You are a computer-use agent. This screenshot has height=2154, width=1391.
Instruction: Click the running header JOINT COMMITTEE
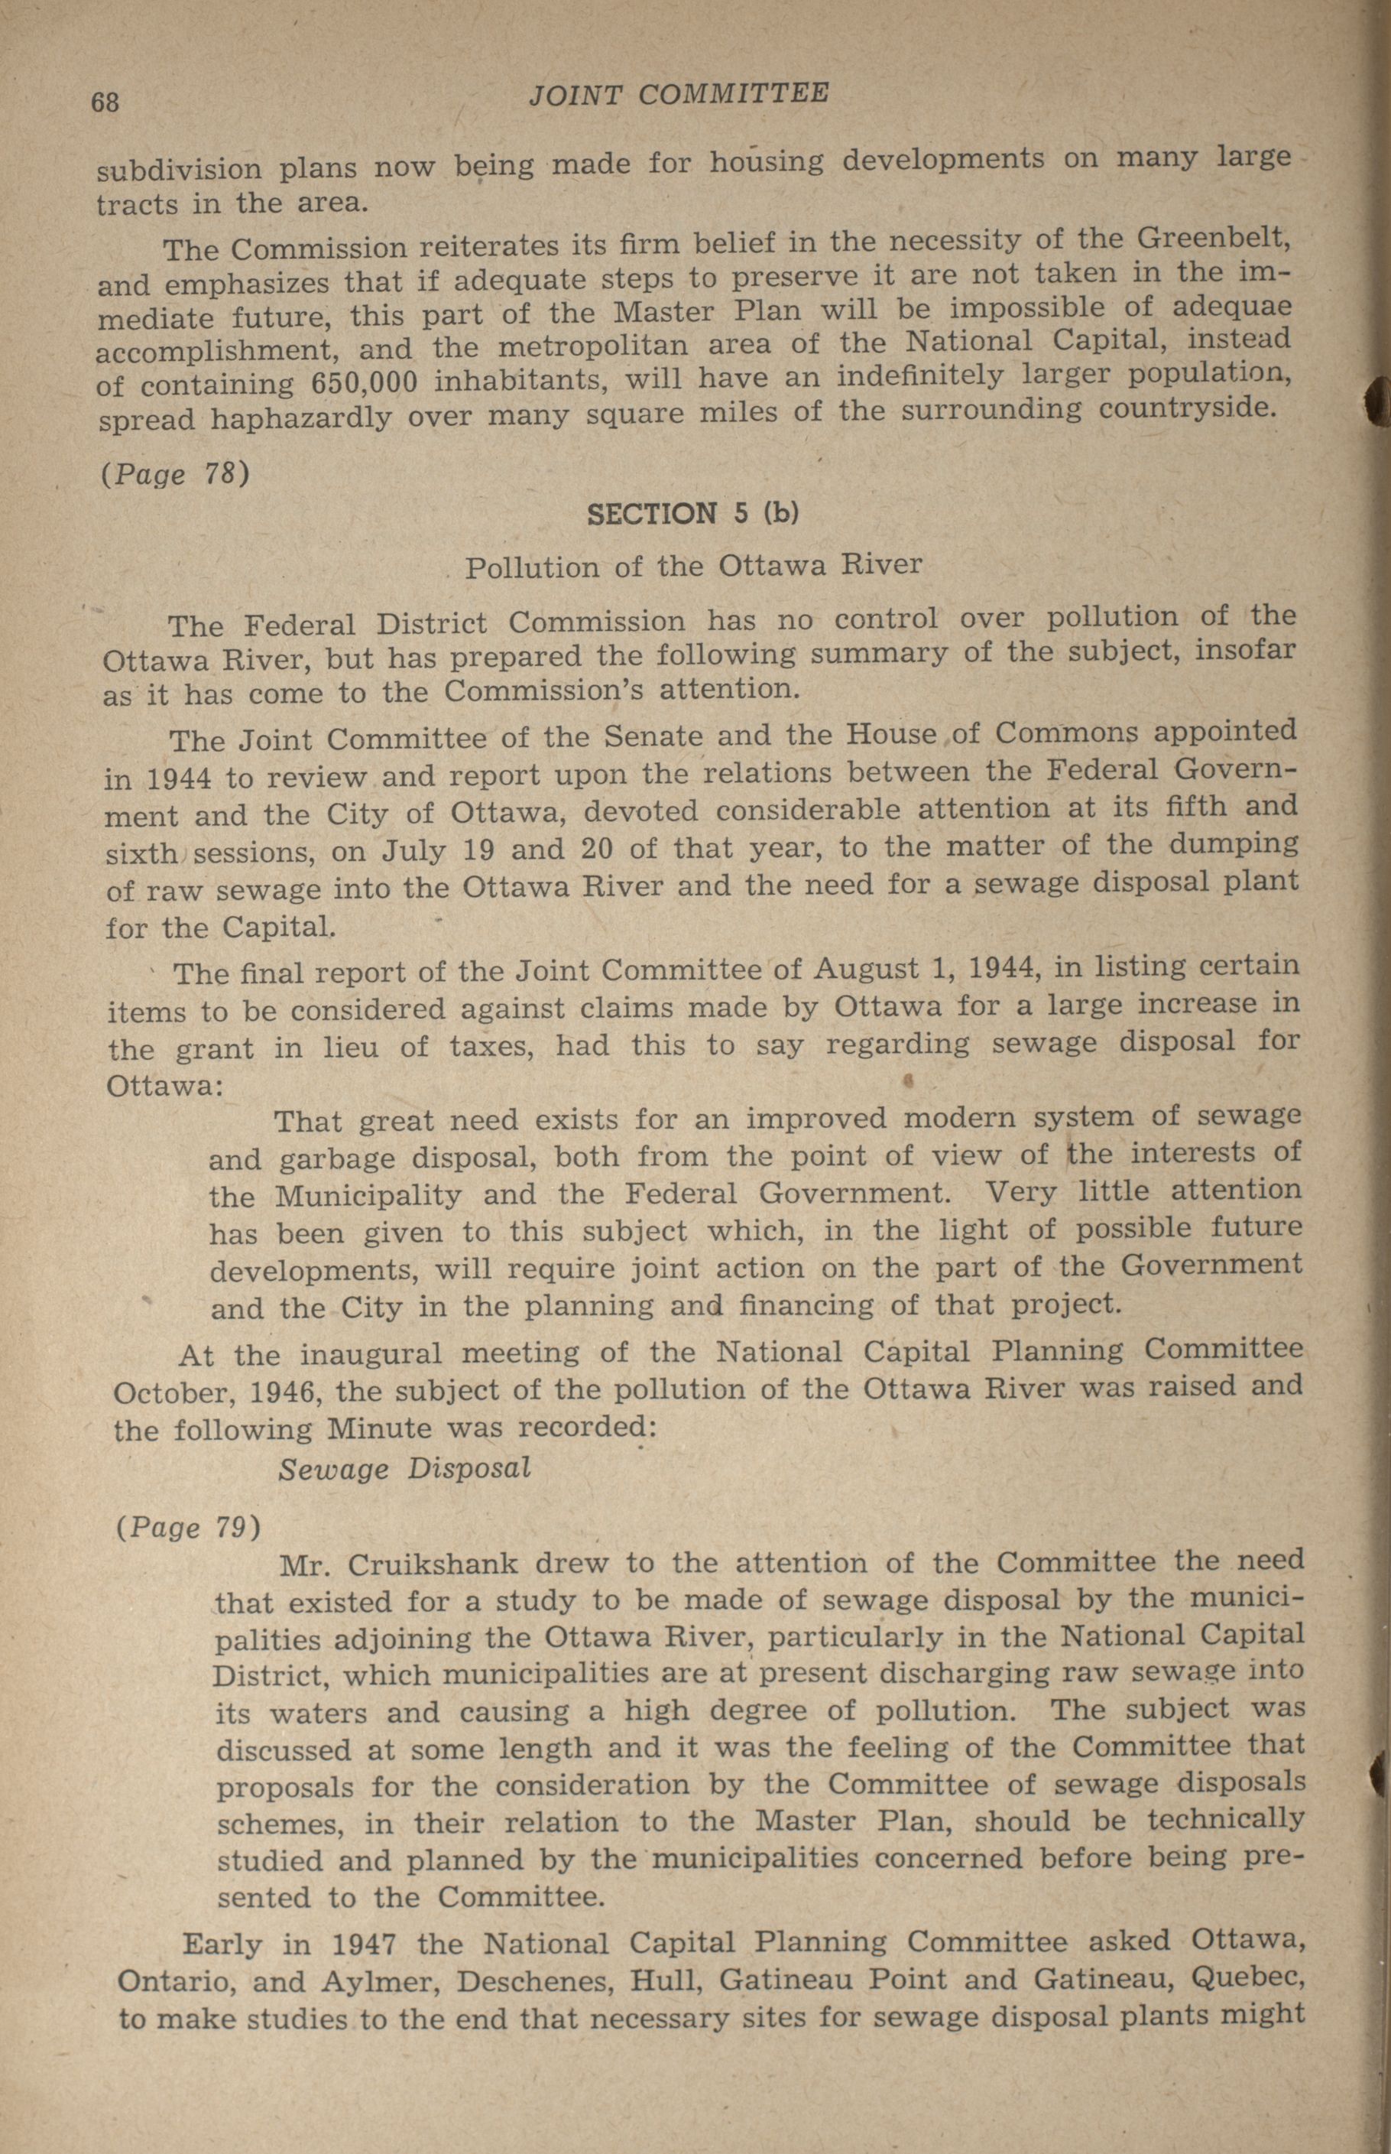click(x=679, y=93)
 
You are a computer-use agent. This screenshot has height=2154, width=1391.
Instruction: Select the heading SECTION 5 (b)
click(x=692, y=513)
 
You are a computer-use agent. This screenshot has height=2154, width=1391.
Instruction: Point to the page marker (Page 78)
click(x=174, y=473)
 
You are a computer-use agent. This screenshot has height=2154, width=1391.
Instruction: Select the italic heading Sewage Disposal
click(x=404, y=1468)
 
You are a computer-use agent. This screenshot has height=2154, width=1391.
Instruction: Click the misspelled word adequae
click(x=1231, y=307)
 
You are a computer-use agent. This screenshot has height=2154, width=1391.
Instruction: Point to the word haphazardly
click(x=301, y=418)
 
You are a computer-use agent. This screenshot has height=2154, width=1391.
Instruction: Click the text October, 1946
click(x=213, y=1392)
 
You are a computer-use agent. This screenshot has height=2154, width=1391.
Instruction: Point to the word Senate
click(x=651, y=737)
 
